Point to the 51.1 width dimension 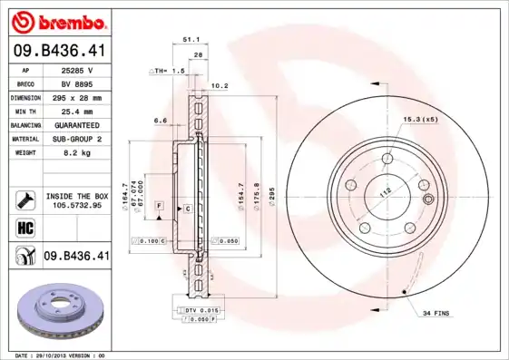coord(191,40)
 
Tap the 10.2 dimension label coord(219,86)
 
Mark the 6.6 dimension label coord(161,121)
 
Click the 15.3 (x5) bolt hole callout coord(420,120)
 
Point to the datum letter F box coord(159,209)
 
